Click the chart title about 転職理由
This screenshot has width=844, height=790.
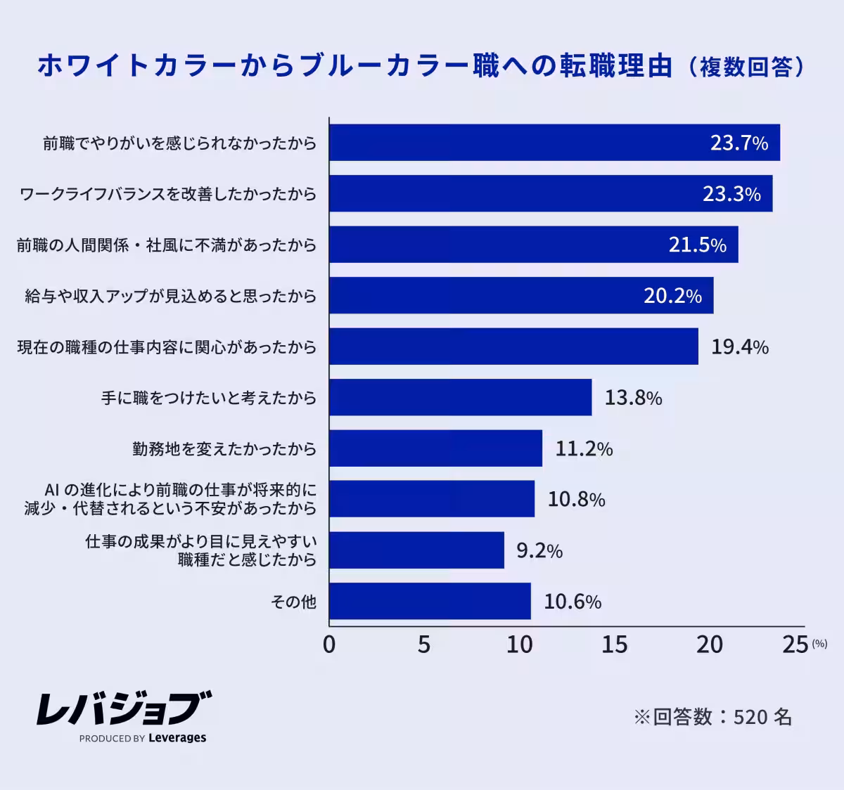(x=421, y=66)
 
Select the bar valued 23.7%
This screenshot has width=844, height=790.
(x=520, y=143)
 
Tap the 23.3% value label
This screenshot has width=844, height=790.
(x=731, y=194)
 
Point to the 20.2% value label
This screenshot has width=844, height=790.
(x=672, y=296)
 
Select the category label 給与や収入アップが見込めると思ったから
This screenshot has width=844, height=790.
(x=171, y=296)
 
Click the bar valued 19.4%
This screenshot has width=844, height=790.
(x=513, y=347)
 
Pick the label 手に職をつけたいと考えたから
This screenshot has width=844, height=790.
(x=209, y=398)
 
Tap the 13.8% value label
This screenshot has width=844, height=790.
(x=633, y=399)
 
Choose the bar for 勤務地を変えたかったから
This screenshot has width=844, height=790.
(x=435, y=448)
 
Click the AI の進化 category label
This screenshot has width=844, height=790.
(x=171, y=498)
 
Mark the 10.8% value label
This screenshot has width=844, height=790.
(x=576, y=500)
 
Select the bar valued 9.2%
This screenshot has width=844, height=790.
(x=416, y=550)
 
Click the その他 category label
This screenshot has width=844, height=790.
(x=293, y=602)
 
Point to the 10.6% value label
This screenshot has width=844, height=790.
(x=573, y=602)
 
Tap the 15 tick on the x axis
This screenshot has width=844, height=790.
(x=614, y=645)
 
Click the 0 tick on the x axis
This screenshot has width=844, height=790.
(x=329, y=645)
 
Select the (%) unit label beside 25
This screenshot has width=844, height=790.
(x=819, y=643)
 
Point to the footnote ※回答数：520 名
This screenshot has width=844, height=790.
(x=712, y=717)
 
